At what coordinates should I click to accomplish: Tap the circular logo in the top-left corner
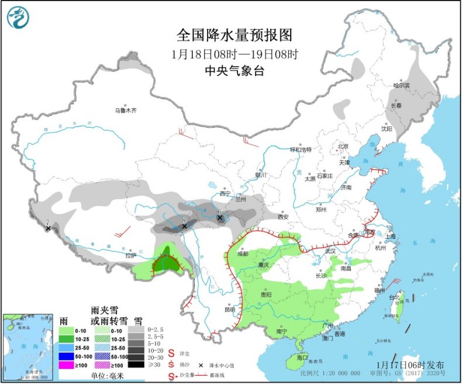18,17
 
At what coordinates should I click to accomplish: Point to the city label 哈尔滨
402,85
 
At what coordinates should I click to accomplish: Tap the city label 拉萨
130,255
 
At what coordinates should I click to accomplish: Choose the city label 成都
243,253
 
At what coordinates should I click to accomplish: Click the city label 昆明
229,309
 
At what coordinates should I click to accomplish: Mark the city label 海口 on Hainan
302,357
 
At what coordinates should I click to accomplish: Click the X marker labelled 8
185,226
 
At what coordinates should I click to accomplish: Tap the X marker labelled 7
47,228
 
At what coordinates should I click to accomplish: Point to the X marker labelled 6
220,218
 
